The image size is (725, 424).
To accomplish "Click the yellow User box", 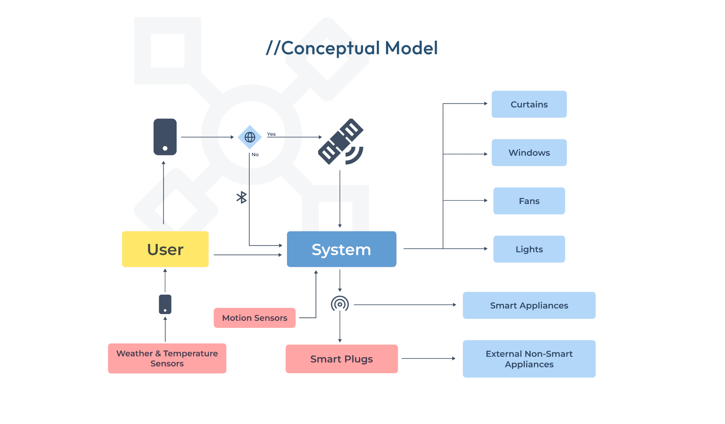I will click(x=165, y=249).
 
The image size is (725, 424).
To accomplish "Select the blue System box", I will click(x=342, y=249).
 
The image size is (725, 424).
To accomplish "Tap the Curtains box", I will click(x=529, y=105).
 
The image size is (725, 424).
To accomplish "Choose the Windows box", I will click(x=529, y=153).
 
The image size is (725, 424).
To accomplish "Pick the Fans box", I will click(x=529, y=201).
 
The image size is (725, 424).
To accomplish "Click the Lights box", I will click(x=529, y=249).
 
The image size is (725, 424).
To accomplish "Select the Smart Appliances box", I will click(x=529, y=306).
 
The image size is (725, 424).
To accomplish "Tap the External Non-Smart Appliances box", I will click(x=529, y=359).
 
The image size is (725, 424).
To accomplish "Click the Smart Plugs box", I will click(x=342, y=359).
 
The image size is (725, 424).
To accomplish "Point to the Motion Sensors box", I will click(x=255, y=318).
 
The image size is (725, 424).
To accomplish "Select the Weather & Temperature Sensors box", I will click(x=167, y=359).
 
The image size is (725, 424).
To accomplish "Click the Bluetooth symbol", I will click(x=242, y=197).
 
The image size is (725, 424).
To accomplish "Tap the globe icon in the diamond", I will click(x=250, y=137).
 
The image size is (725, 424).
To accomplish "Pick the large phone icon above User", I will click(x=165, y=137).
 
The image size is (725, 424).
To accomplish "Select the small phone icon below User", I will click(x=165, y=304).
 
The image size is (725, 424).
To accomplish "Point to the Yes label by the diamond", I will click(x=271, y=134).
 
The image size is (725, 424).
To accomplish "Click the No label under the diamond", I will click(x=255, y=154).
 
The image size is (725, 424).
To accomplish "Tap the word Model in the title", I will click(x=412, y=48).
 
